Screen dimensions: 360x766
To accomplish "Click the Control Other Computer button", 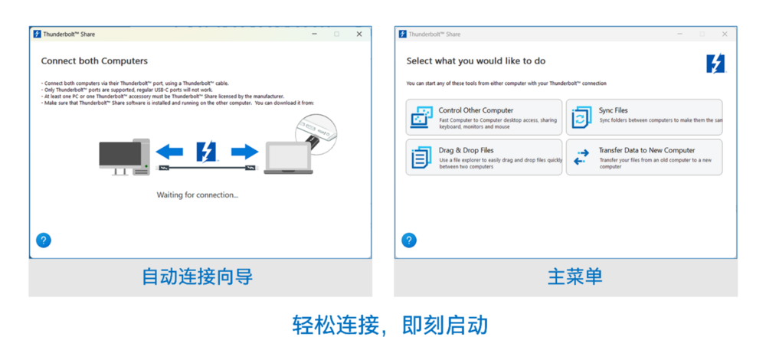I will point(483,117).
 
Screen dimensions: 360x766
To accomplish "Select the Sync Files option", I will point(643,117).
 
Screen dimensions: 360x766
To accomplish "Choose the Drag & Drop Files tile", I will point(483,157).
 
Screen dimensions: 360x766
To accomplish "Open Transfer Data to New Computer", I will point(643,157).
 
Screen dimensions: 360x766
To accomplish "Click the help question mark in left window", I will point(44,241).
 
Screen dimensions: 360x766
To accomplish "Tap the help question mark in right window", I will point(409,241).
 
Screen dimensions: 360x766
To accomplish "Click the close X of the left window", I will point(359,34).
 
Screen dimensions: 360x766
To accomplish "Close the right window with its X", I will point(725,34).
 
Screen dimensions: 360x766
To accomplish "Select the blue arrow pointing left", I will point(169,151).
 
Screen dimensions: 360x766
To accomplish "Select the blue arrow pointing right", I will point(244,151).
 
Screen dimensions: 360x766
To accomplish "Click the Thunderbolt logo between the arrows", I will point(207,151).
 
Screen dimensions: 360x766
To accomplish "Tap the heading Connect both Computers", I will point(94,61).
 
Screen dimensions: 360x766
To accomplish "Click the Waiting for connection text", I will point(198,195).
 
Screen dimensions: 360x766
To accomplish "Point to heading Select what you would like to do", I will point(476,61).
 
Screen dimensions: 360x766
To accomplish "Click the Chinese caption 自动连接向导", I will point(197,277).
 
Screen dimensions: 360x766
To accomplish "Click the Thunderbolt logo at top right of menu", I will point(715,64).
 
